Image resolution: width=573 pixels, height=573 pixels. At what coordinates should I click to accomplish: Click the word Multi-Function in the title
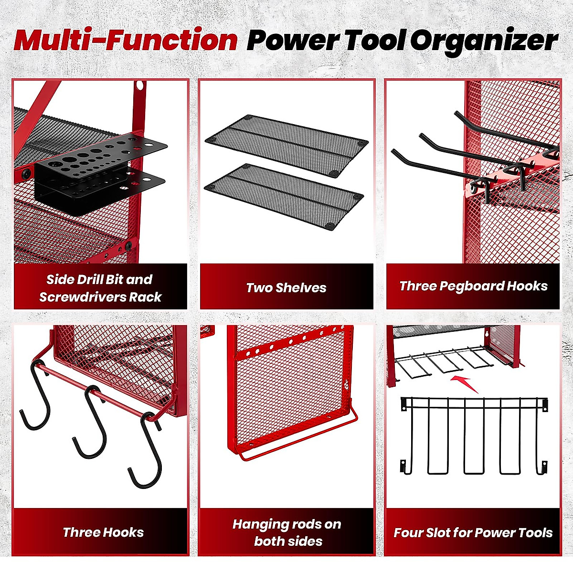[x=126, y=40]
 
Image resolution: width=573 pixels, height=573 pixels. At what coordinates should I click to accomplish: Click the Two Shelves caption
[x=286, y=287]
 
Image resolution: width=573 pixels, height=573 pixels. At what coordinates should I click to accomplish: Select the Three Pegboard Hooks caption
[x=473, y=286]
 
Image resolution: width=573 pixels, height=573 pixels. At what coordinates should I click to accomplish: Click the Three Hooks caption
[x=103, y=532]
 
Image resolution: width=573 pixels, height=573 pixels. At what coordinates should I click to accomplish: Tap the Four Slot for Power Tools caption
[x=473, y=532]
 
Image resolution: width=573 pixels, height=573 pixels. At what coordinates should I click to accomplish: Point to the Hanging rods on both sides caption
[x=287, y=532]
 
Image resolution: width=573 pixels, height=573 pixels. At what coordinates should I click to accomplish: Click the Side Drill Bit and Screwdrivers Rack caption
[x=100, y=288]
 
